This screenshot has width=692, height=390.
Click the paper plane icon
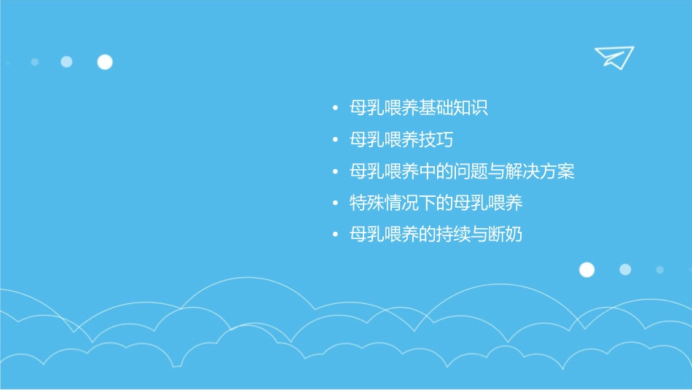pos(613,57)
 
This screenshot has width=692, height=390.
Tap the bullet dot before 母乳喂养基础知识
pos(334,109)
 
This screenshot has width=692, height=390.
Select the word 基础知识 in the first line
pos(453,109)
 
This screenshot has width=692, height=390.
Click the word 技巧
pos(436,140)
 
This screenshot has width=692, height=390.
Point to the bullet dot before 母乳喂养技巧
pos(334,140)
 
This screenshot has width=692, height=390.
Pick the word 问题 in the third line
pos(471,172)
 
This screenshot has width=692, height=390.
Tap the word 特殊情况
pos(384,203)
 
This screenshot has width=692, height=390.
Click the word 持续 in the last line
pos(453,235)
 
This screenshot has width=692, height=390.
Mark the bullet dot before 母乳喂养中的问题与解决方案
pos(334,172)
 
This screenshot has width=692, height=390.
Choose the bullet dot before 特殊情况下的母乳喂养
pos(334,203)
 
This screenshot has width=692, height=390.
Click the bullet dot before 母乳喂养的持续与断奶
pos(334,235)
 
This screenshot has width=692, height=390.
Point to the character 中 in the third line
pos(428,172)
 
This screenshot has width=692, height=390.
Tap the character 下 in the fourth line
pos(428,203)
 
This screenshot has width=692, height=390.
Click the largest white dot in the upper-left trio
pos(105,62)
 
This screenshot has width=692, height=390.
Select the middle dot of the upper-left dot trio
pos(66,62)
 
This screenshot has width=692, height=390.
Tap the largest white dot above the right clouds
pos(586,270)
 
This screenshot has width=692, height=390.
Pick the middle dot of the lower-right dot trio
pos(625,270)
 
